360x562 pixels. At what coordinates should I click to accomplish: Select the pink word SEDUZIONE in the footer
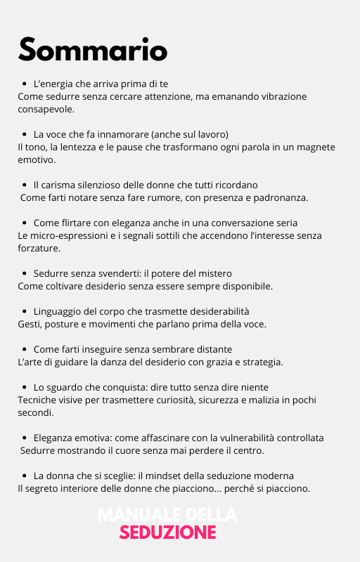[x=167, y=532]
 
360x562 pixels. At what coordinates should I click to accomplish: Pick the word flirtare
[x=77, y=223]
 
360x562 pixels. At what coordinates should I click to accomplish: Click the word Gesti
[x=30, y=324]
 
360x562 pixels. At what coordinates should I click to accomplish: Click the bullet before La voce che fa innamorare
[x=25, y=134]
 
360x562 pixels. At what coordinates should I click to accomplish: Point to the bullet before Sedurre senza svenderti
[x=25, y=273]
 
